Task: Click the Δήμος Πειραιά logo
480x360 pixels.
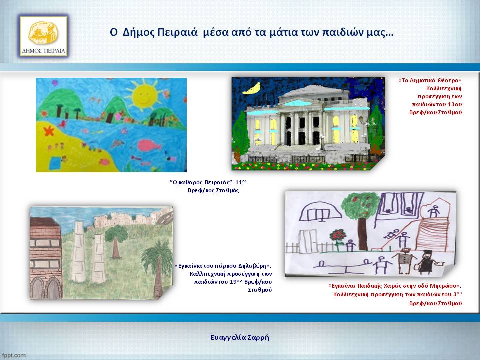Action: (x=44, y=36)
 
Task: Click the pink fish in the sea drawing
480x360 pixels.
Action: (x=149, y=145)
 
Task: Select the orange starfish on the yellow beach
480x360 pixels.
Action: (x=48, y=131)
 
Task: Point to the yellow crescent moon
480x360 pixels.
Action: (x=252, y=88)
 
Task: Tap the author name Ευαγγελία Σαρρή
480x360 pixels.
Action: (x=240, y=337)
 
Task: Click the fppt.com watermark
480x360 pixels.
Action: (x=14, y=355)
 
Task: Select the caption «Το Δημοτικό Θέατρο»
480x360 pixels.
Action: (x=430, y=81)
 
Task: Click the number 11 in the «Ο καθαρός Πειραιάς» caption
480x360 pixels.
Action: (x=238, y=182)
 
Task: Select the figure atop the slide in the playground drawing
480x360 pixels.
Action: (x=433, y=211)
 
